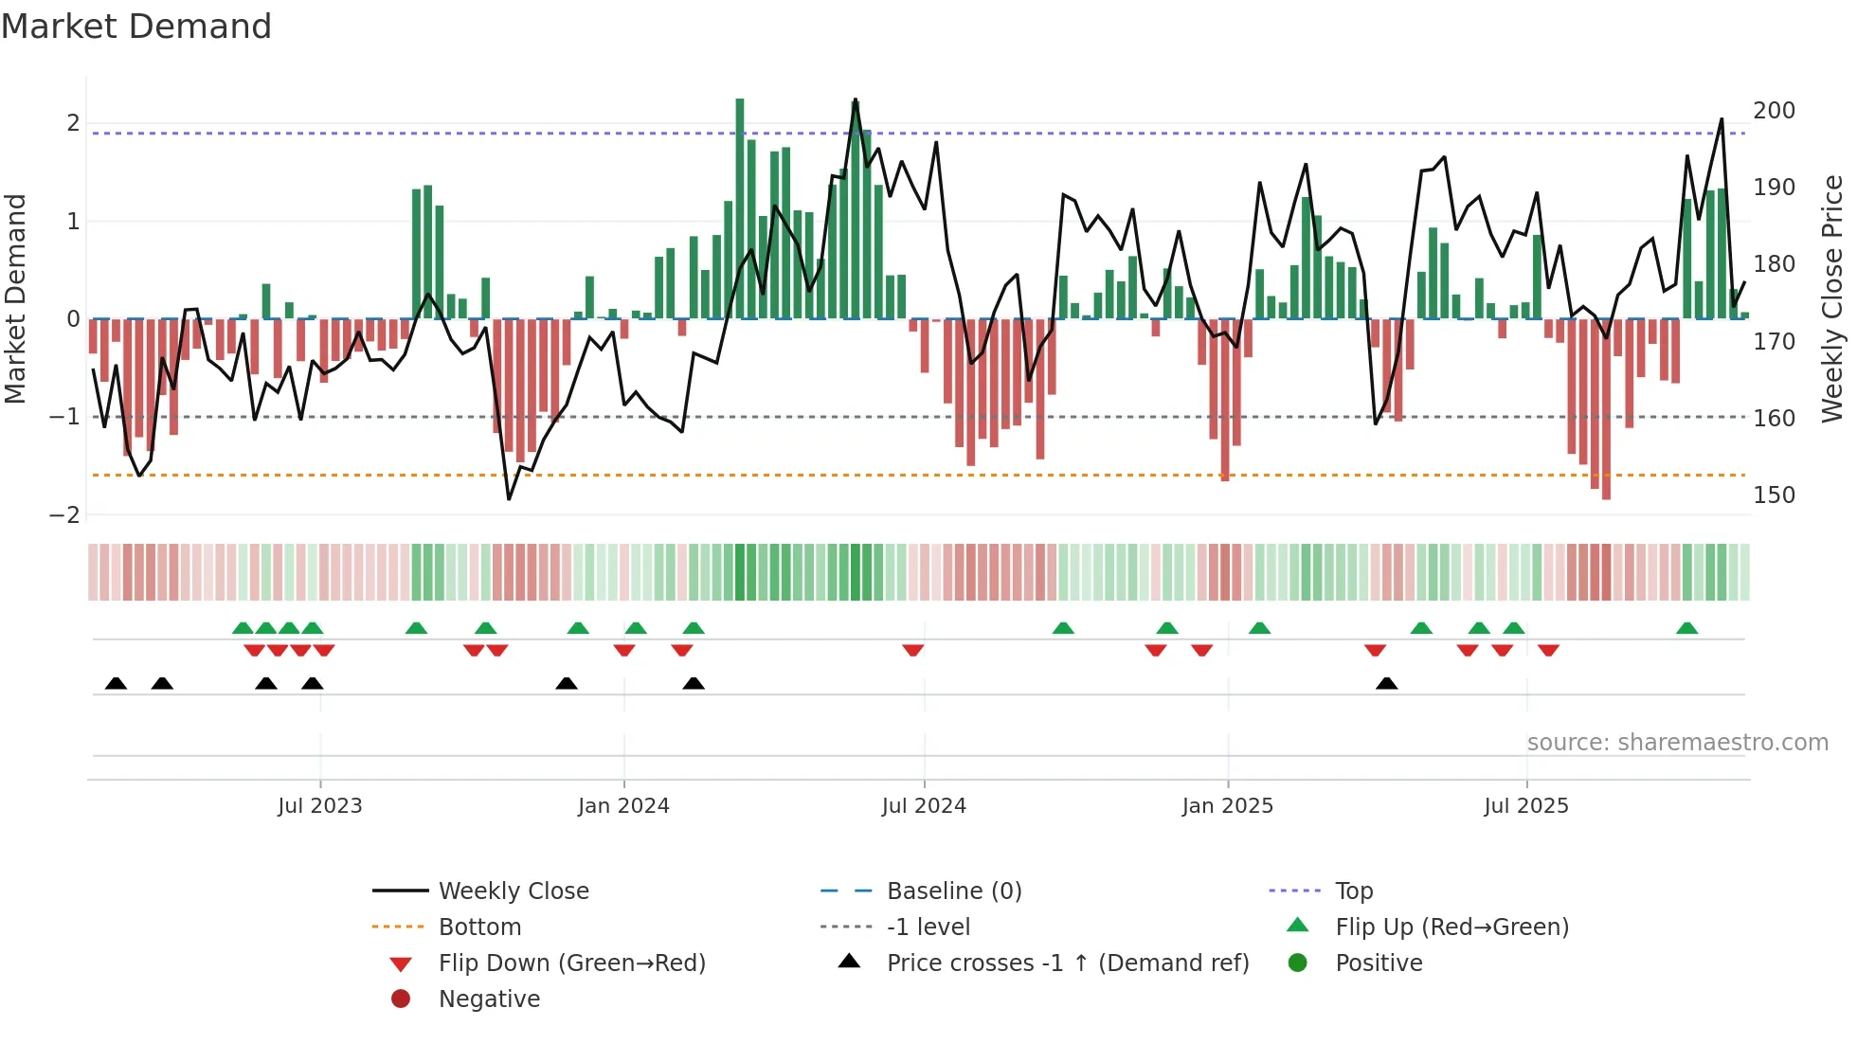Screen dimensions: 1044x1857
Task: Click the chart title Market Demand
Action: (x=136, y=27)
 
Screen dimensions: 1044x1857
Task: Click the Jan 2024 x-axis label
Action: (x=623, y=805)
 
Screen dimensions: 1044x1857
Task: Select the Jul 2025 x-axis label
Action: (x=1525, y=805)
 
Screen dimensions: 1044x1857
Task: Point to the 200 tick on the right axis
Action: (x=1774, y=111)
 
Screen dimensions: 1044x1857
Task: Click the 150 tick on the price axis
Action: (x=1774, y=495)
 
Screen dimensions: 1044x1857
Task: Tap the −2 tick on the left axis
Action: (x=64, y=514)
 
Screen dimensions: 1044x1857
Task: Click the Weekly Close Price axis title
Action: (x=1832, y=298)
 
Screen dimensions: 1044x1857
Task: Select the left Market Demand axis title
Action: (x=15, y=298)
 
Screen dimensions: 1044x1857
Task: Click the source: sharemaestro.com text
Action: (x=1677, y=742)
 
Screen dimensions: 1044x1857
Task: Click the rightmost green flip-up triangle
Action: (x=1686, y=628)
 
